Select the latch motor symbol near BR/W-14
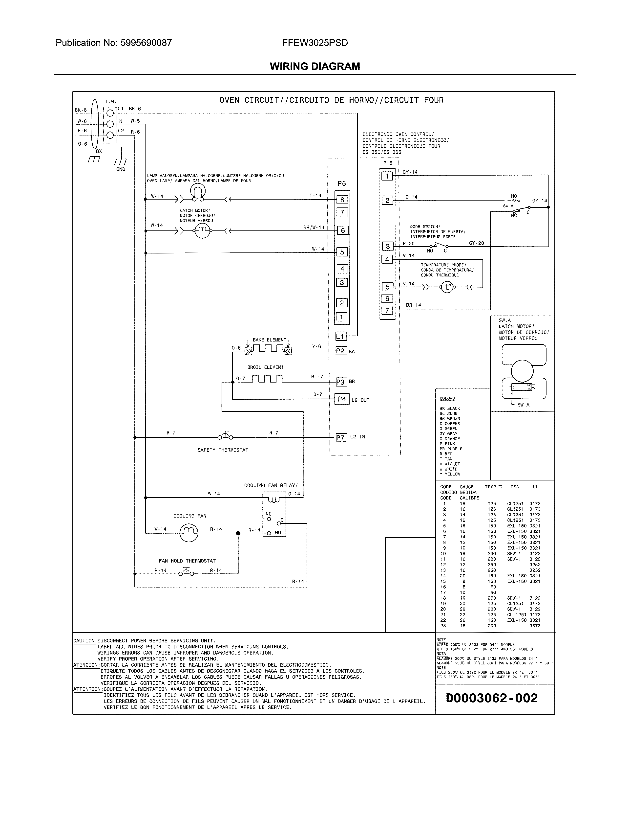click(203, 231)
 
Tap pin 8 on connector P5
click(342, 200)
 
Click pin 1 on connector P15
click(387, 176)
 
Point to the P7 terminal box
click(341, 437)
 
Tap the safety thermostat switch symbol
click(225, 436)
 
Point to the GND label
click(121, 169)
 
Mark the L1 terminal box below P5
click(340, 336)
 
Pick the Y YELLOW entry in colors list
click(449, 474)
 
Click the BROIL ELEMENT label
click(265, 367)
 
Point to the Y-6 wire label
click(316, 346)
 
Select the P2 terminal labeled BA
click(341, 351)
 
